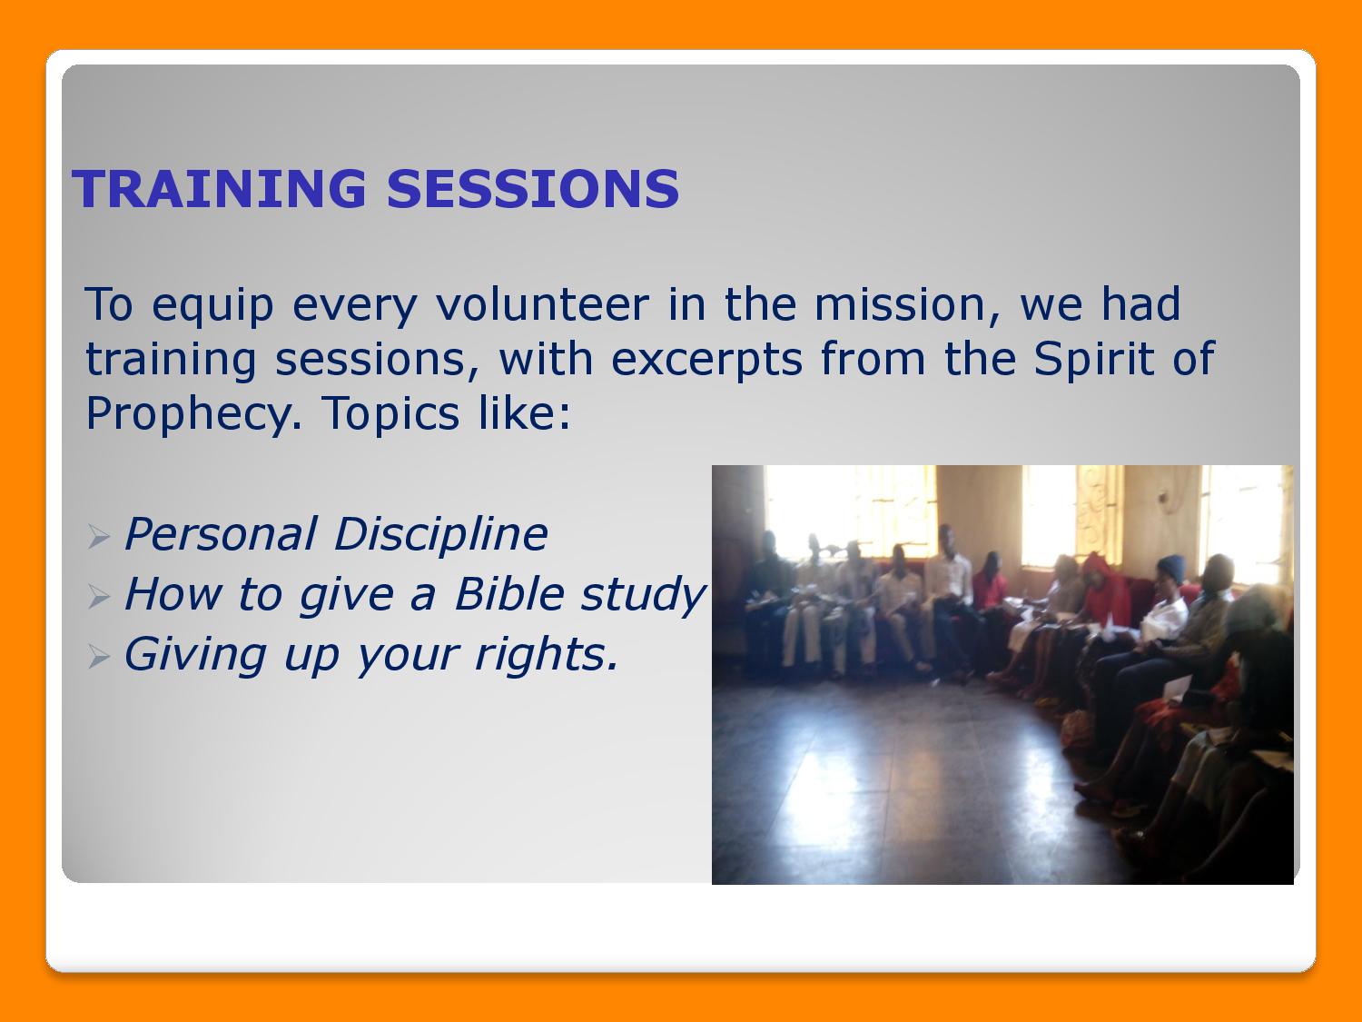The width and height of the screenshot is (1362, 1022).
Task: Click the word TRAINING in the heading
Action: [x=219, y=189]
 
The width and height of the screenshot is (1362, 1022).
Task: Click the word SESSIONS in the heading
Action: [x=533, y=189]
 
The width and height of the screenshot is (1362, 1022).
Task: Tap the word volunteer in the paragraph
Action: [x=543, y=304]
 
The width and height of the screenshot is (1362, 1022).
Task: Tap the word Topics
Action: [x=391, y=414]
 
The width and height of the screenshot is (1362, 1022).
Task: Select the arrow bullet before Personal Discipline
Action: [x=99, y=537]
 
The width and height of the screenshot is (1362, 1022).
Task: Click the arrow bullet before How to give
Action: [x=99, y=597]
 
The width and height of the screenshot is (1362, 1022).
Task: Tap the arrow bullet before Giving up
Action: [x=99, y=657]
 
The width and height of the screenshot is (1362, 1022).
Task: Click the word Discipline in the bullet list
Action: [x=441, y=533]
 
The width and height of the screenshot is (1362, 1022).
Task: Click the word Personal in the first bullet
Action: [x=221, y=534]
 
